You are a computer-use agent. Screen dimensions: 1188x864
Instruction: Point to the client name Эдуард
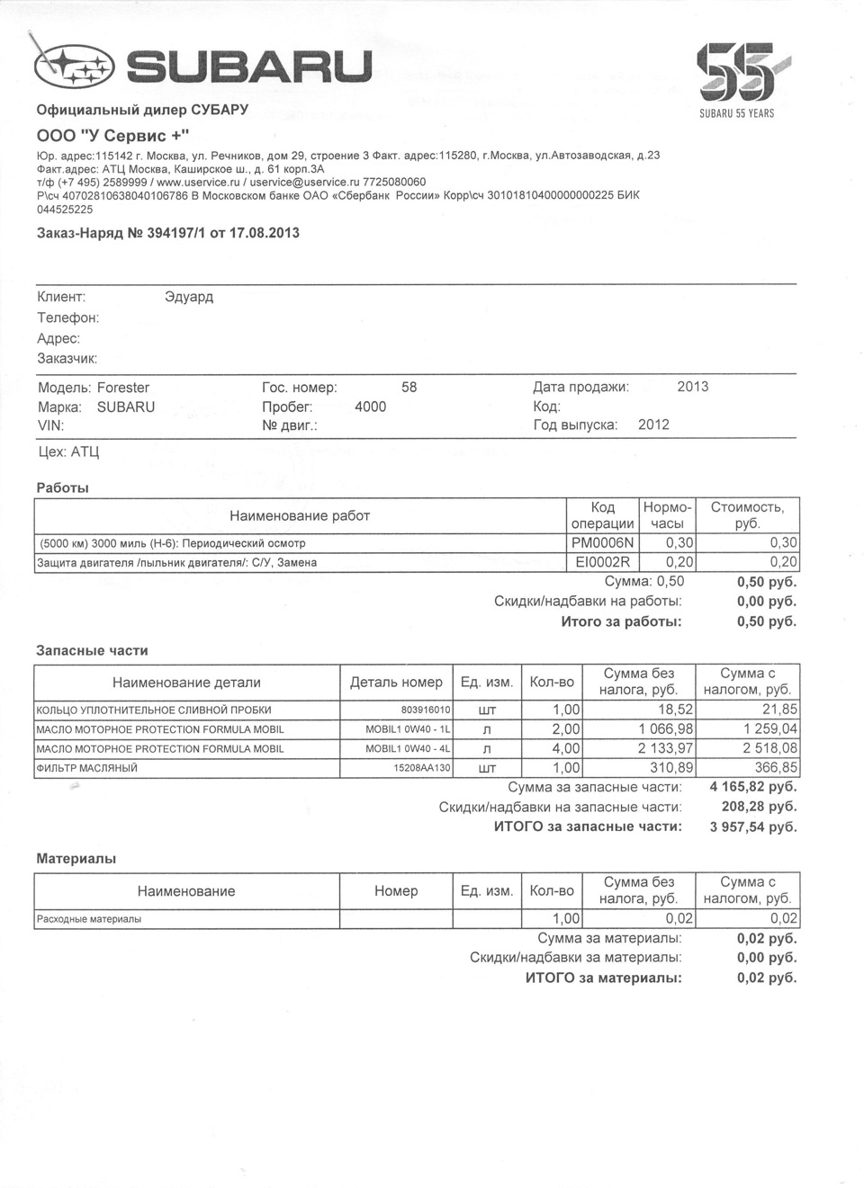coord(189,297)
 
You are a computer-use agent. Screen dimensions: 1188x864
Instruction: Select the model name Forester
coord(123,388)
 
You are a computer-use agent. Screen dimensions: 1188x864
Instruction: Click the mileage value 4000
coord(370,406)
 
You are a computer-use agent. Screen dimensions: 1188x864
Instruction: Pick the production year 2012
coord(653,424)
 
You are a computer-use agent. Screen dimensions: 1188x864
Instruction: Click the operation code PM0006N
coord(602,543)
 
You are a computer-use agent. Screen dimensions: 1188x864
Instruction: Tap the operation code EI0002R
coord(602,563)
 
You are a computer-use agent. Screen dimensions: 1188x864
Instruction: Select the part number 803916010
coord(426,710)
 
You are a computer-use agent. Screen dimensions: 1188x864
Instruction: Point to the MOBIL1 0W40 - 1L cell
coord(408,729)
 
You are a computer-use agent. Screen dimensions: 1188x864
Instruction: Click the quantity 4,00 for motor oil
coord(566,748)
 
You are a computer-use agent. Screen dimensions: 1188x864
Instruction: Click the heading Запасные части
coord(92,650)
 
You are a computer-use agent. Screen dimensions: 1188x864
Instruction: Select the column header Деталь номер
coord(396,683)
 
